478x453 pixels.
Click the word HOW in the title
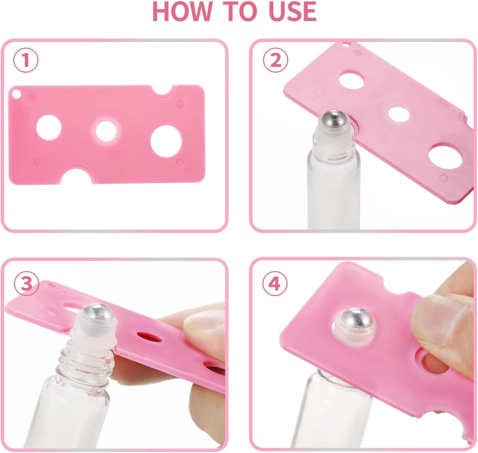(x=182, y=12)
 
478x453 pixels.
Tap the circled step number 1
(x=26, y=60)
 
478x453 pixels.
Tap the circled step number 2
(x=275, y=60)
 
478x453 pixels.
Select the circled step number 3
(x=26, y=283)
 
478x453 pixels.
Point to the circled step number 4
(x=275, y=283)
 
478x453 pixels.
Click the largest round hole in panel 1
(x=166, y=141)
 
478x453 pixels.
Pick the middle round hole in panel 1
(x=106, y=131)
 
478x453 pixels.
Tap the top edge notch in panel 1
(x=163, y=90)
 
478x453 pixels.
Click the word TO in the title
(x=241, y=12)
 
